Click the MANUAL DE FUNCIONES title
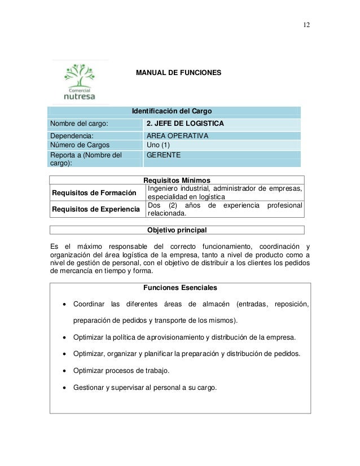(179, 73)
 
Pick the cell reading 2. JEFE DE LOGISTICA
(185, 124)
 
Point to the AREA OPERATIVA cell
(177, 136)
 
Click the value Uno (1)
(159, 144)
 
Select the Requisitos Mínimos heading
(177, 179)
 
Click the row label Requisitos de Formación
(94, 193)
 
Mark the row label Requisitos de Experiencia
(96, 210)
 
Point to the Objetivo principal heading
(177, 230)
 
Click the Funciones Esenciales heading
(180, 288)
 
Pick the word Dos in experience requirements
(154, 205)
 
